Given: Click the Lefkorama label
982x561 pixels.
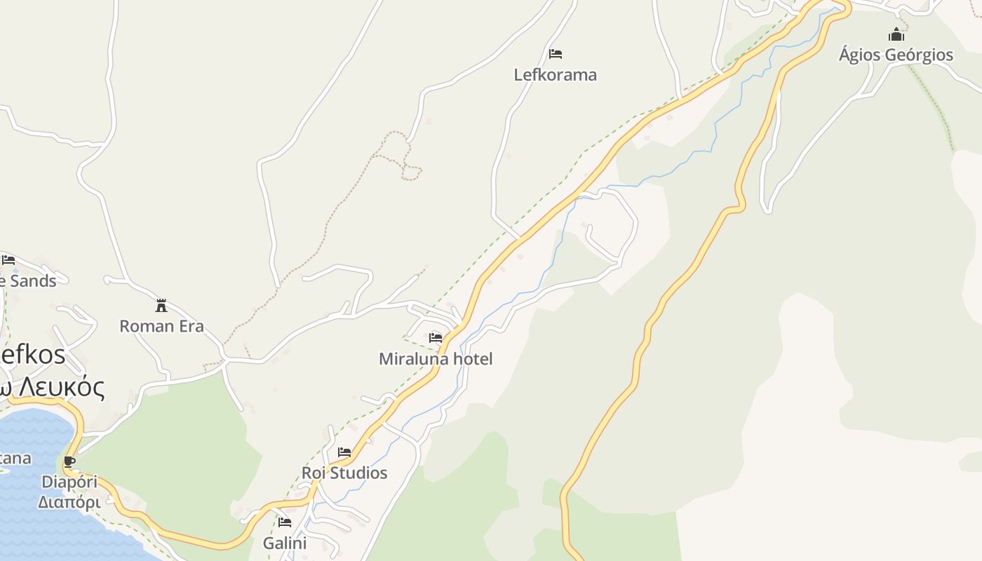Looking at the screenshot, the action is click(555, 74).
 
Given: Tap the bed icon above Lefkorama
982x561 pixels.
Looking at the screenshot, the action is click(556, 53).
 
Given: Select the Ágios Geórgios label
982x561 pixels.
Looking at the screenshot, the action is click(896, 55).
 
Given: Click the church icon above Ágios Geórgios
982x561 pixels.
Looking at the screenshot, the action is click(896, 34).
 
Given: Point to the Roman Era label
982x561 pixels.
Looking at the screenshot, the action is click(161, 326).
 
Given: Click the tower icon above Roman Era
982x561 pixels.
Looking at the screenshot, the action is click(161, 305).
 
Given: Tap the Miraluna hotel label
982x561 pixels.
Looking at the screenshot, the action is click(436, 359).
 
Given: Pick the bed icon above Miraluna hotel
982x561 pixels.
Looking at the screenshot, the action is click(436, 338).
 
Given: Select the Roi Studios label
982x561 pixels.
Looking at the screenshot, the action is click(344, 473).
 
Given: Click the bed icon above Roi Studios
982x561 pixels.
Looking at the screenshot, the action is click(344, 452).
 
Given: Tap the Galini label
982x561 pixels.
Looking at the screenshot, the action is click(285, 543).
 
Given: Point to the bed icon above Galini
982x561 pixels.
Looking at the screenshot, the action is click(285, 522).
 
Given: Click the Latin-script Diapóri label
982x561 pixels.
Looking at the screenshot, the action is click(69, 482).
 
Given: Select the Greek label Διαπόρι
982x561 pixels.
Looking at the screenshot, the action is click(69, 502).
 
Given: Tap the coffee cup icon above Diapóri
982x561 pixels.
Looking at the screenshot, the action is click(69, 461).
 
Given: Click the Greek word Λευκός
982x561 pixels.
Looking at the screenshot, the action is click(60, 387).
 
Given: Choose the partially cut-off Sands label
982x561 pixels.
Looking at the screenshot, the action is click(28, 280).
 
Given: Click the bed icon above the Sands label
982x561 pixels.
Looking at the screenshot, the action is click(8, 260).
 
